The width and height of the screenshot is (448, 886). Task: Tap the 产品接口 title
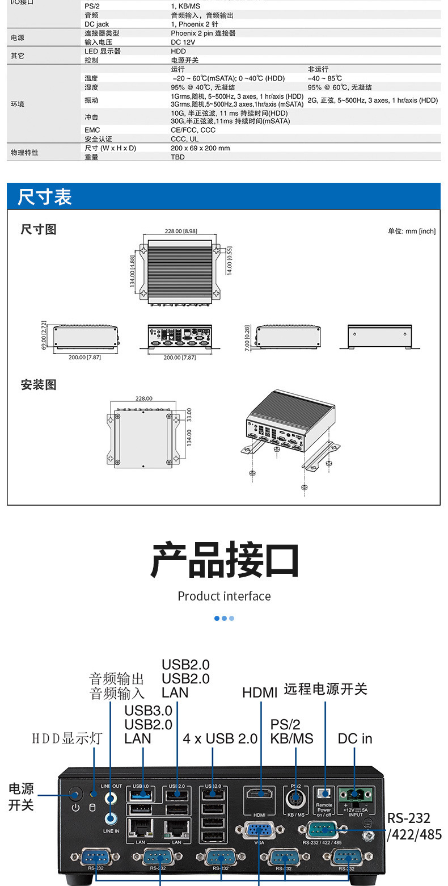tap(225, 560)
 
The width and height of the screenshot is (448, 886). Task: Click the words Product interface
tap(224, 596)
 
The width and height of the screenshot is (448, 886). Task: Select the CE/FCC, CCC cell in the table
tap(193, 130)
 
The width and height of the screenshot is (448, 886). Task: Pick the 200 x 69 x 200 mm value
tap(200, 148)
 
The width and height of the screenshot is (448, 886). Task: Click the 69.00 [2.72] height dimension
tap(44, 336)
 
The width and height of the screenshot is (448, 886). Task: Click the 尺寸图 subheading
tap(39, 230)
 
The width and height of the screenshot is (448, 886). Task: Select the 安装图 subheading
tap(39, 385)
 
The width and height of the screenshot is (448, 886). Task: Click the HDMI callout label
tap(260, 693)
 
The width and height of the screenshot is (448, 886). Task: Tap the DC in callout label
tap(355, 738)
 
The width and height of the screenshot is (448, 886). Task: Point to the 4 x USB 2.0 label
tap(220, 738)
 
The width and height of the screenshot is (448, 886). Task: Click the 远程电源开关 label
tap(326, 689)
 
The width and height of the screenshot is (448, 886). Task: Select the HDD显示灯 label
tap(67, 738)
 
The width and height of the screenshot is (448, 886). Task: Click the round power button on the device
tap(75, 793)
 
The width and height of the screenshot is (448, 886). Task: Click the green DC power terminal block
tap(356, 794)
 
